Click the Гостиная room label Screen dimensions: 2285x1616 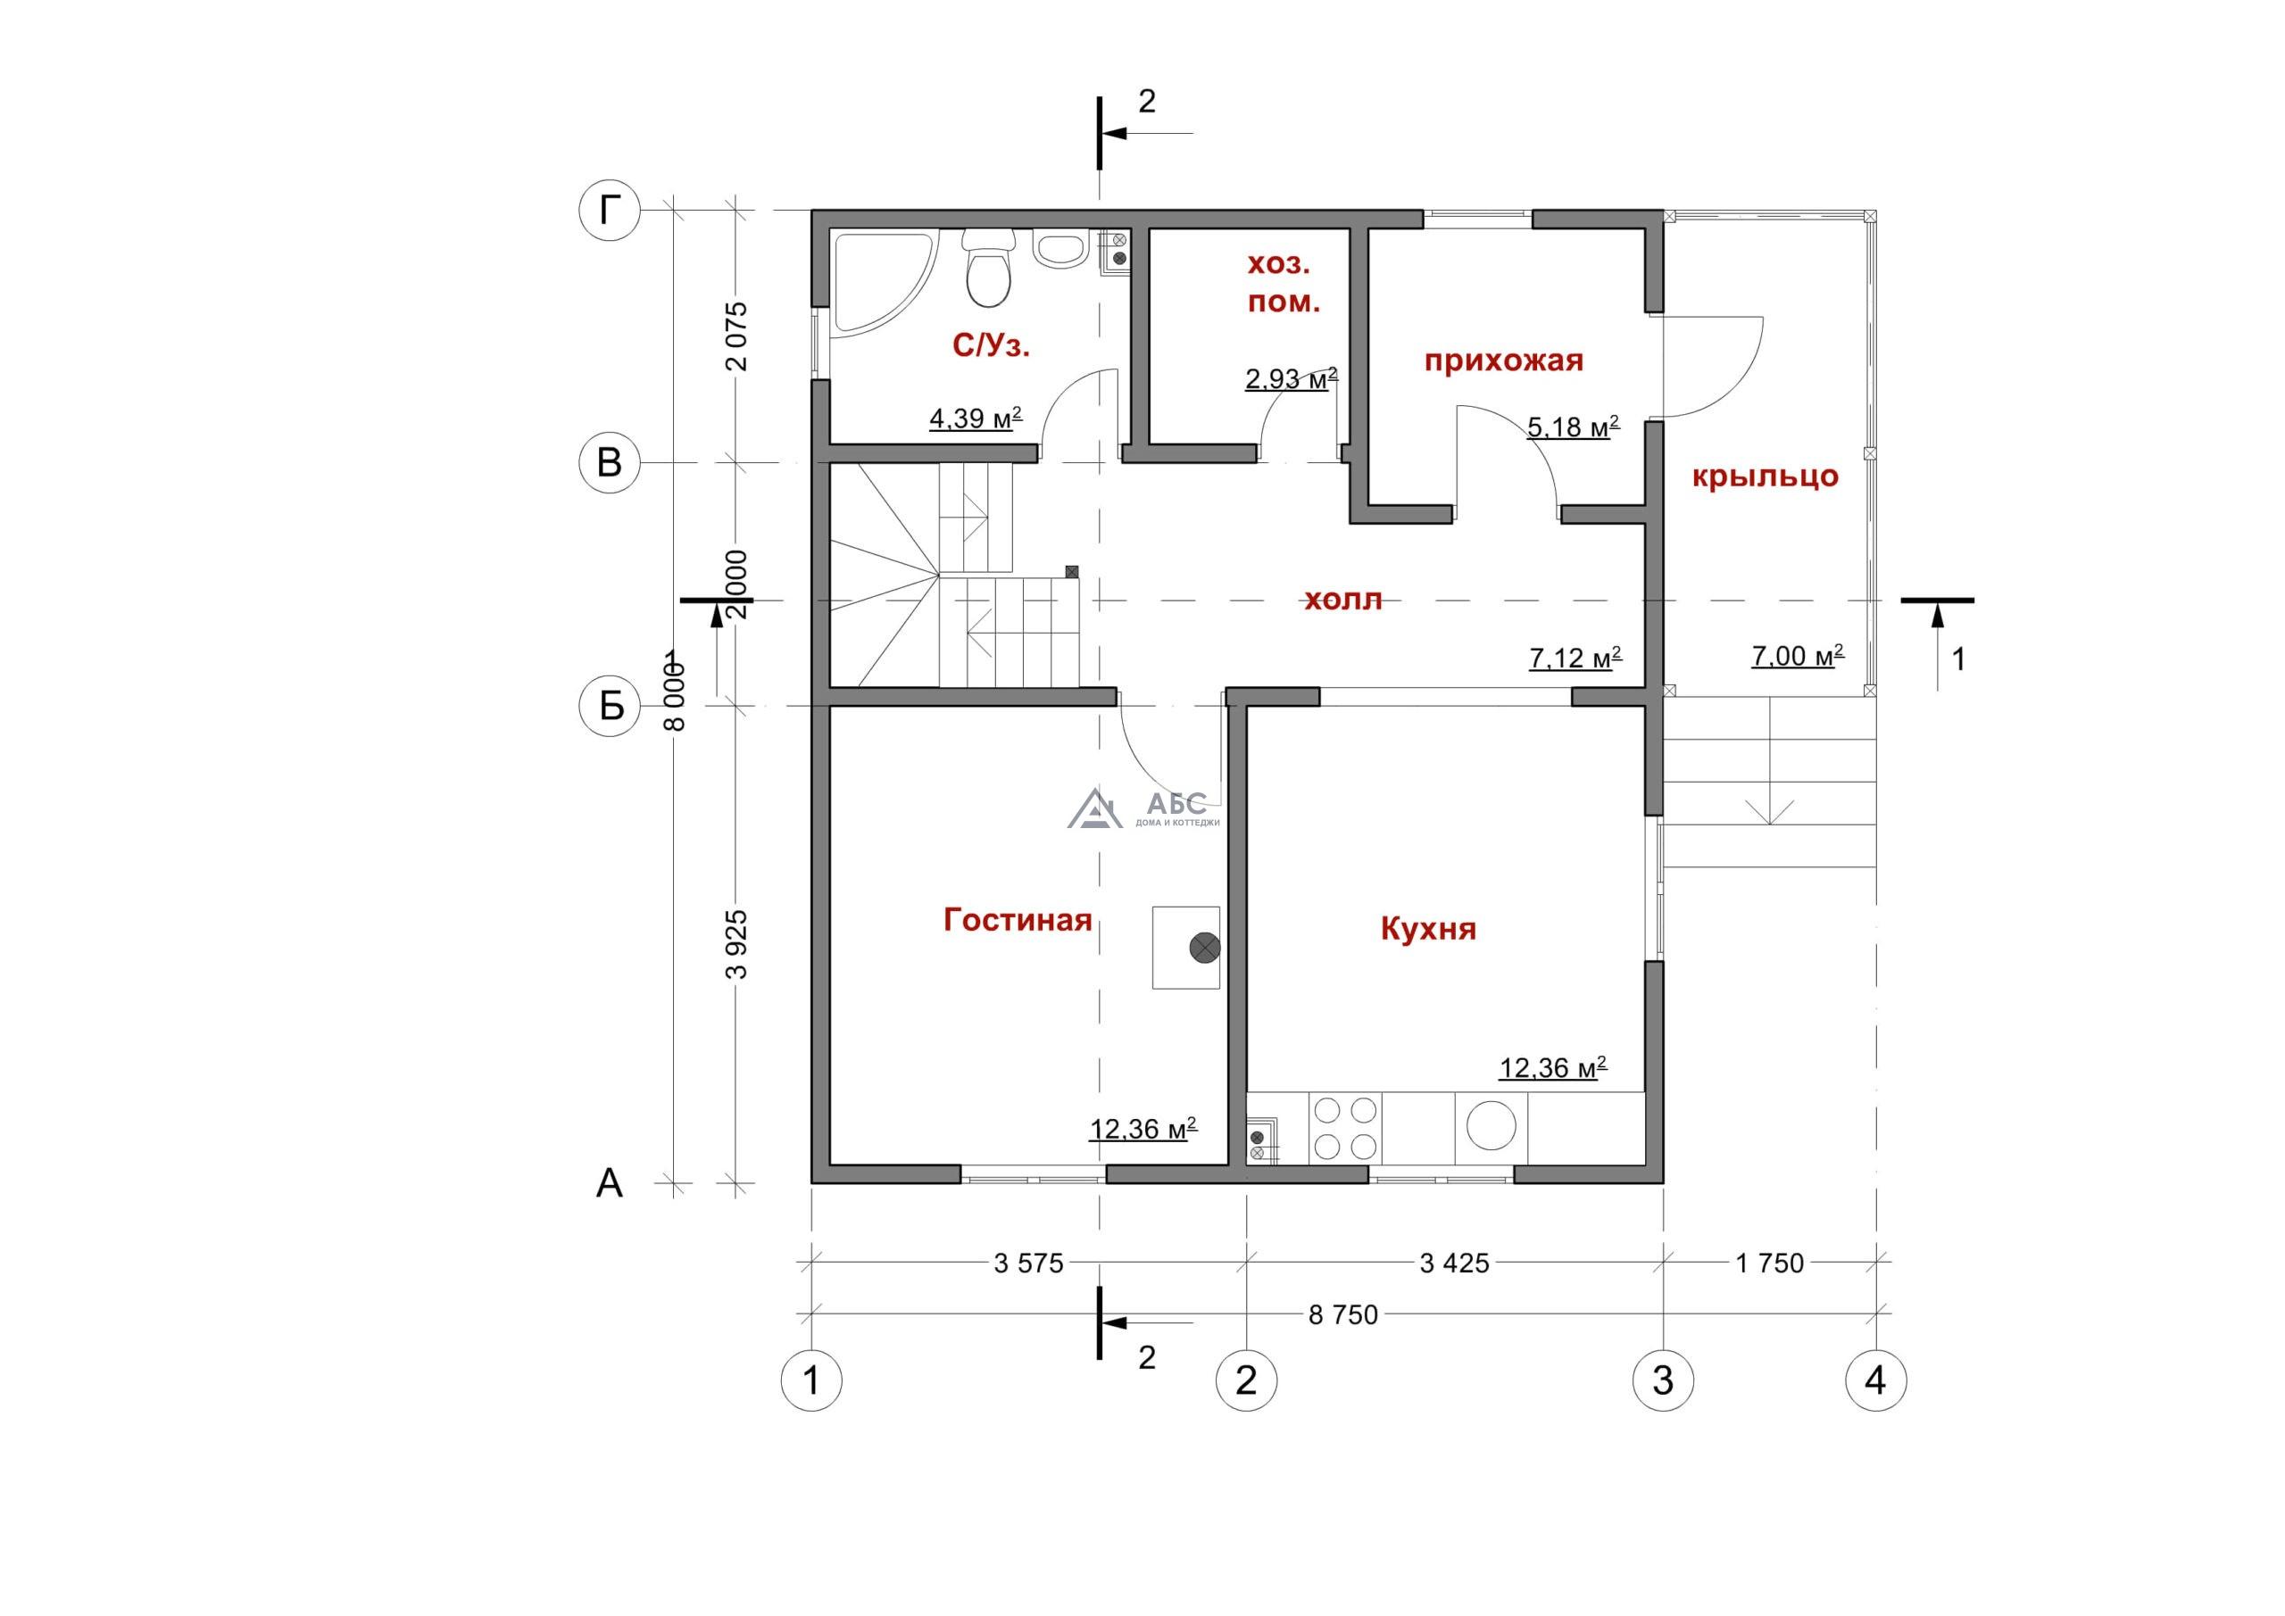pyautogui.click(x=1018, y=919)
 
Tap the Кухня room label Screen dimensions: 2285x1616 pyautogui.click(x=1428, y=930)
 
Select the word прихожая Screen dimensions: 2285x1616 pyautogui.click(x=1503, y=360)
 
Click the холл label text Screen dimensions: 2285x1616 pyautogui.click(x=1342, y=600)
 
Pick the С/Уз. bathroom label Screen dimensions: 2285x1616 pyautogui.click(x=992, y=345)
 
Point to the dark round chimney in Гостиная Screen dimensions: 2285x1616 pyautogui.click(x=1205, y=948)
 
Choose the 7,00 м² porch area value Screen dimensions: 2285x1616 pyautogui.click(x=1798, y=656)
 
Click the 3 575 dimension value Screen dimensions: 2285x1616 pyautogui.click(x=1028, y=1264)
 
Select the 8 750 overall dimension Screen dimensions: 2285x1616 pyautogui.click(x=1342, y=1315)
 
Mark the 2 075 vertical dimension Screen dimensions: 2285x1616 pyautogui.click(x=736, y=336)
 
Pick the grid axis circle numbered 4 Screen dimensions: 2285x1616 pyautogui.click(x=1876, y=1380)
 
